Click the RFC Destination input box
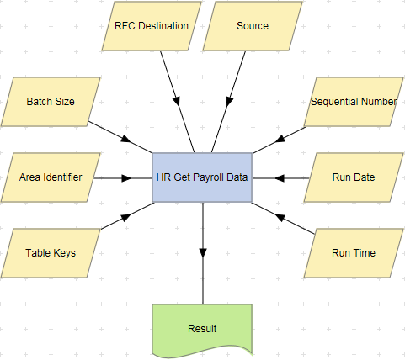[157, 26]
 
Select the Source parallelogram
[253, 26]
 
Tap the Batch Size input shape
[51, 102]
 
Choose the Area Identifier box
[51, 177]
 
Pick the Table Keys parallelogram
[51, 252]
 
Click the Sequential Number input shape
[353, 102]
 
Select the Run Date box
[353, 177]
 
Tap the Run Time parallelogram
[353, 252]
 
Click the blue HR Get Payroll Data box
[202, 177]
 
